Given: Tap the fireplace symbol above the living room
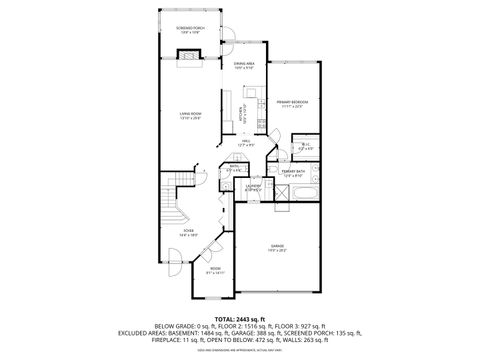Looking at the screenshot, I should pos(186,58).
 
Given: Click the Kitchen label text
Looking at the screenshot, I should pos(241,114).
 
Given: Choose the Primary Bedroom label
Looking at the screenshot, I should pos(291,103).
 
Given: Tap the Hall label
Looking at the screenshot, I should pos(245,143).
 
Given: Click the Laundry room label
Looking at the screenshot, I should pos(254,186).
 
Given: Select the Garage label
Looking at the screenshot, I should pos(276,246).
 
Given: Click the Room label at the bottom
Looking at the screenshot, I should pos(214,270).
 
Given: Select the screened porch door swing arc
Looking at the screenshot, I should pos(228,42).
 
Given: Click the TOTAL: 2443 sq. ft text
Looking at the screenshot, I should pos(240,317).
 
